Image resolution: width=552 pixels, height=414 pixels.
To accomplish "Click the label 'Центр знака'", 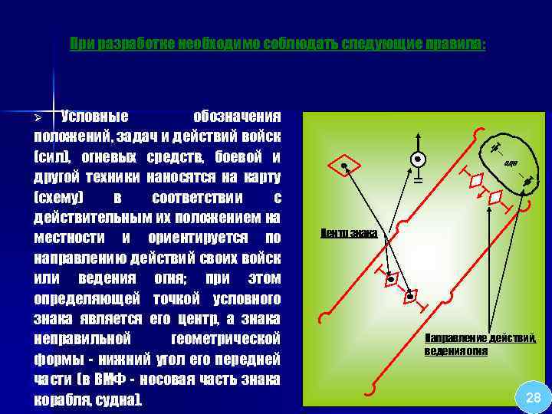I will (348, 232).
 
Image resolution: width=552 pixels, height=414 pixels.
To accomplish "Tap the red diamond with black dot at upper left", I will (344, 166).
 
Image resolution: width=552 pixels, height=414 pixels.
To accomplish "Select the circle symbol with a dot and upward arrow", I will (418, 159).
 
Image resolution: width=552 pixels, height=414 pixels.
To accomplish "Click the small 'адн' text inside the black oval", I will (511, 163).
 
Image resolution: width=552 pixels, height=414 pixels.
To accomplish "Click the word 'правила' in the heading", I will (454, 44).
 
